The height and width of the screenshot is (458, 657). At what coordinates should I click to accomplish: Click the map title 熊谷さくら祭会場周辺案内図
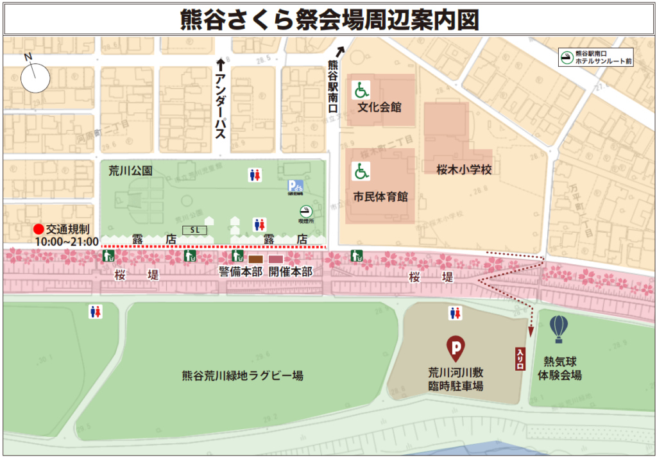click(x=328, y=19)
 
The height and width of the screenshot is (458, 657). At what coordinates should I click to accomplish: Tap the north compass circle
click(x=35, y=78)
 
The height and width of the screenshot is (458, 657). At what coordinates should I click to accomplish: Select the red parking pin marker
click(x=456, y=348)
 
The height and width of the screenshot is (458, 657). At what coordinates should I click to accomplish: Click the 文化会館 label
click(x=379, y=107)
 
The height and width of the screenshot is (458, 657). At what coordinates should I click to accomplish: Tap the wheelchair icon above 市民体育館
click(x=362, y=171)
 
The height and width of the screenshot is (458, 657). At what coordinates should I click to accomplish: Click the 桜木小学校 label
click(x=459, y=171)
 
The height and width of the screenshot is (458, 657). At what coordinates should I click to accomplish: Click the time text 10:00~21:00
click(x=67, y=242)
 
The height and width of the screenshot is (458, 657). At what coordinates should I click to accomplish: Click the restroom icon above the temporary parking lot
click(x=456, y=313)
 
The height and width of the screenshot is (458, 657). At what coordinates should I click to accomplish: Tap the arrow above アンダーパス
click(x=221, y=64)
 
